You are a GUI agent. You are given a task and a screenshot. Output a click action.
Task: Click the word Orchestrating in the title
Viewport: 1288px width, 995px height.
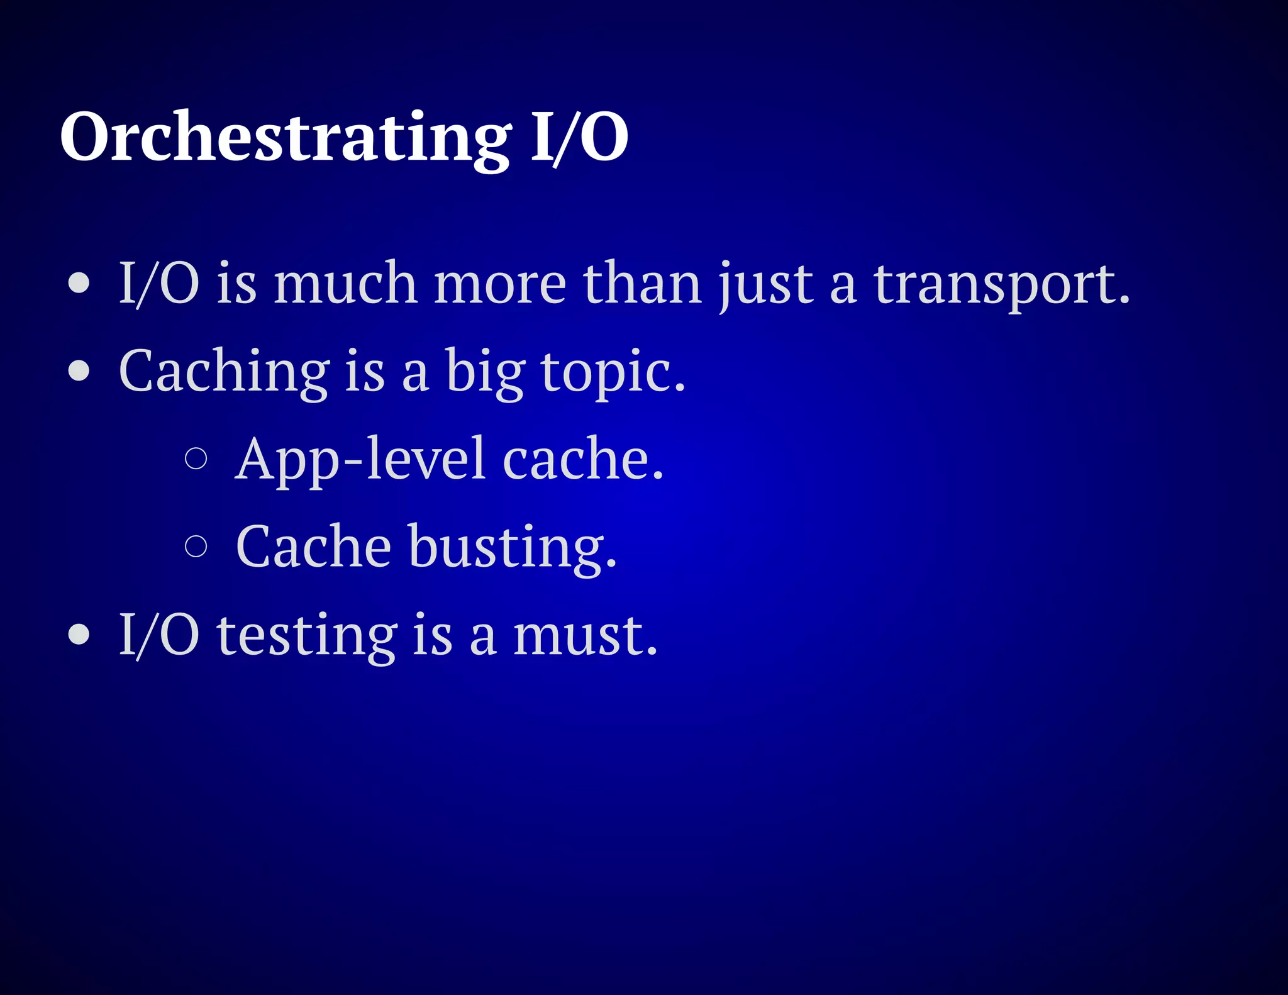286,137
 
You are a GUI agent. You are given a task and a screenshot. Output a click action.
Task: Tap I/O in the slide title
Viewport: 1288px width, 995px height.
579,137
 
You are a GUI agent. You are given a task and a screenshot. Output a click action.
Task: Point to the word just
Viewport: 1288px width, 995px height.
767,284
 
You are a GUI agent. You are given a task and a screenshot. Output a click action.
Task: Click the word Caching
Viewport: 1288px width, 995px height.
224,372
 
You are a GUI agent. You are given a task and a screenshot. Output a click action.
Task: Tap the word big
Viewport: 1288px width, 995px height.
484,372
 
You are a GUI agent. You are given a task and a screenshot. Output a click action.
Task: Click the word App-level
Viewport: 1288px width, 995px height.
360,460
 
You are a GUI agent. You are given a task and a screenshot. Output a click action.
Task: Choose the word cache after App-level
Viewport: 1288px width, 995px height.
583,459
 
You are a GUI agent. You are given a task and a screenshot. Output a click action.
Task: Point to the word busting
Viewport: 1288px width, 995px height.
513,547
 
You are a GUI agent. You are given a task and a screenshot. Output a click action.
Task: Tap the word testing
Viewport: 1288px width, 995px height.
307,635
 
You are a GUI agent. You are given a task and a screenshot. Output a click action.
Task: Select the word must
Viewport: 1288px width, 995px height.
585,635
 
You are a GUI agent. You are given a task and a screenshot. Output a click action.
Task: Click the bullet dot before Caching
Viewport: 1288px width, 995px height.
79,370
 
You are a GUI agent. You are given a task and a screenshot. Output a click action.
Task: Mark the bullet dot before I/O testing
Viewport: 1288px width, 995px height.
79,634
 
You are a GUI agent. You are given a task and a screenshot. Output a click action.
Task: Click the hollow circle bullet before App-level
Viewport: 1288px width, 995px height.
196,458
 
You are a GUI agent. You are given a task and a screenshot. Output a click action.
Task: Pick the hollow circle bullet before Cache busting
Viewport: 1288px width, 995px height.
196,545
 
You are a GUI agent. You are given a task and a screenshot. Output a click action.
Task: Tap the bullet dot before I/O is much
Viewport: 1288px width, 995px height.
79,282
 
